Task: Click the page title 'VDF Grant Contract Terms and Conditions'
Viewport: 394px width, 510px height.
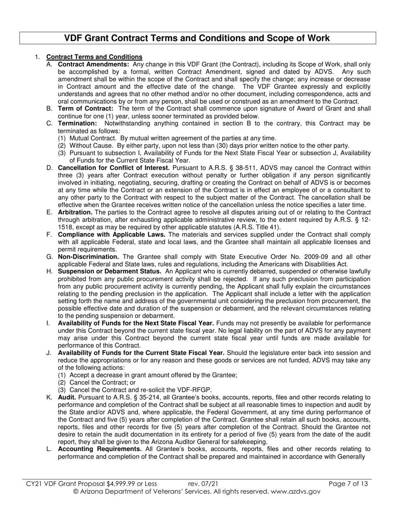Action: point(197,38)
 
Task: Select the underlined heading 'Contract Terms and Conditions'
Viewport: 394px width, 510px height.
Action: point(94,57)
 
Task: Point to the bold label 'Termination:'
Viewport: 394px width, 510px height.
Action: point(78,124)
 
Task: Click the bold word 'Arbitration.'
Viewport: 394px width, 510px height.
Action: point(75,212)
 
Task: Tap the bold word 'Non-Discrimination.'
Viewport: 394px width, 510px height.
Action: point(88,257)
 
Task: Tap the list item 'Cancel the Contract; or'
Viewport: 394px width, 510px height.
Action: point(102,383)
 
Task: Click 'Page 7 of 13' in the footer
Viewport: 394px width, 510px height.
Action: point(348,483)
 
